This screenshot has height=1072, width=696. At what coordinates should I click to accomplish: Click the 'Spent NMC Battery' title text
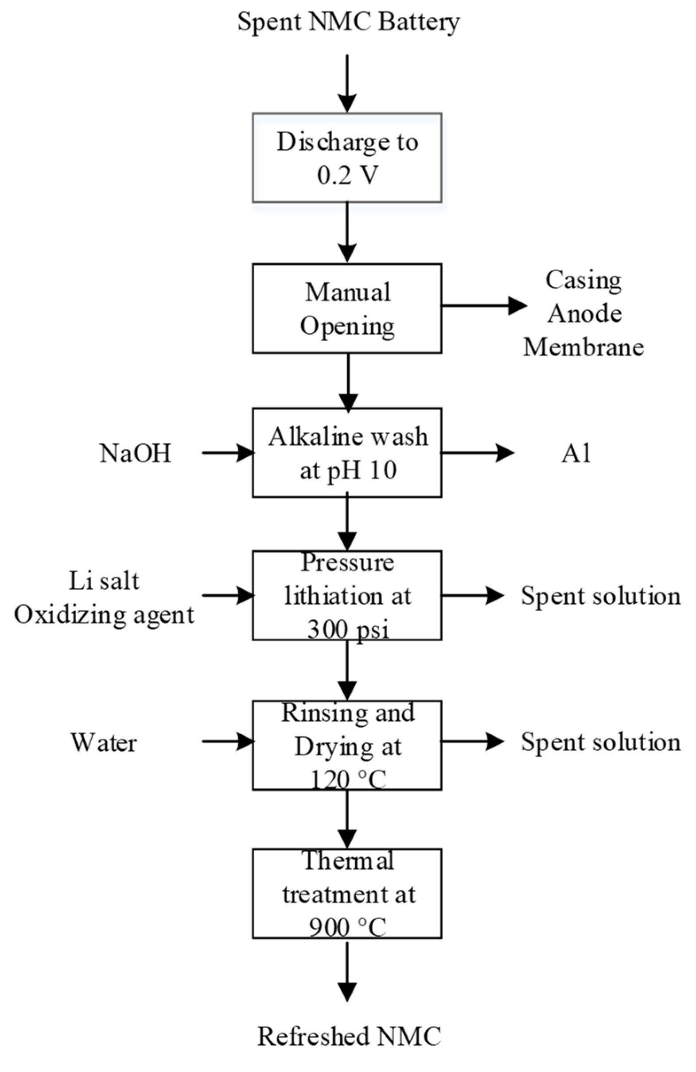[x=349, y=22]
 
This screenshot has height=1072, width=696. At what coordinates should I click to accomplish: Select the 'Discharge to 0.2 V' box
[x=347, y=158]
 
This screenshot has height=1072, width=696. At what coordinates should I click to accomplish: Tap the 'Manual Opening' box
[x=347, y=308]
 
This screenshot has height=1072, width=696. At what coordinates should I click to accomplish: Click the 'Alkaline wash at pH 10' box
[x=347, y=453]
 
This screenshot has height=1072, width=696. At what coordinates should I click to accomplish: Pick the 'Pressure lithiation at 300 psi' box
[x=347, y=595]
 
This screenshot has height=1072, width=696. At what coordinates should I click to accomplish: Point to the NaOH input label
[x=135, y=453]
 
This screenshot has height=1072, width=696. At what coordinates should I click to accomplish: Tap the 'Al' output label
[x=575, y=453]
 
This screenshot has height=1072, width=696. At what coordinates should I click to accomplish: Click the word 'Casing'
[x=583, y=281]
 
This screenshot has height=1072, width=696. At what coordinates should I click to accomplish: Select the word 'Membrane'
[x=583, y=347]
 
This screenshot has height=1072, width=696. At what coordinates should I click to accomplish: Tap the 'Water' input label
[x=104, y=742]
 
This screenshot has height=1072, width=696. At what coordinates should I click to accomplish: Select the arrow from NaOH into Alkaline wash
[x=228, y=453]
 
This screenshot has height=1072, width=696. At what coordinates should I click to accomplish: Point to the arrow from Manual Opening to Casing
[x=484, y=306]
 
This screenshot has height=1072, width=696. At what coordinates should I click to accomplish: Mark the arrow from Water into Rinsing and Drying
[x=228, y=741]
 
